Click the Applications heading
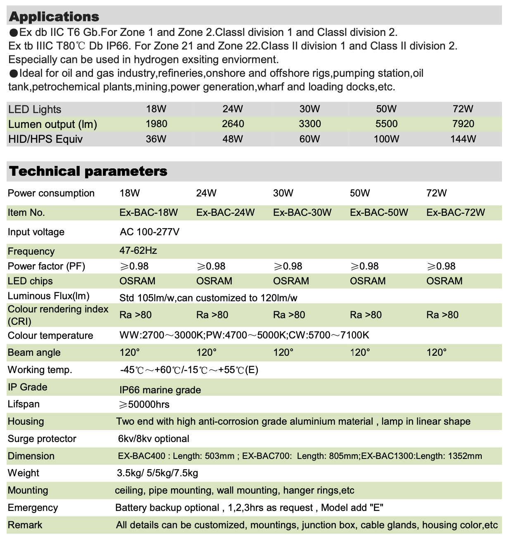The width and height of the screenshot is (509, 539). (54, 17)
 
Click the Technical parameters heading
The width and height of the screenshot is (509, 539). (88, 171)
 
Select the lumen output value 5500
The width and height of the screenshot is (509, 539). (386, 124)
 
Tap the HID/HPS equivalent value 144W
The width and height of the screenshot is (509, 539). (463, 139)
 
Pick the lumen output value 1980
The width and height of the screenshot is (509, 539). (156, 124)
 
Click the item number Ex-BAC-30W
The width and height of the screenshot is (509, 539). (302, 213)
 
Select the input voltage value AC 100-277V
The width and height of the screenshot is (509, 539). (150, 232)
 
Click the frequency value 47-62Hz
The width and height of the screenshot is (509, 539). (138, 251)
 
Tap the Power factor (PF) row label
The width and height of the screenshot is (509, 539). (46, 266)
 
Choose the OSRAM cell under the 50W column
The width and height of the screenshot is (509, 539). (367, 281)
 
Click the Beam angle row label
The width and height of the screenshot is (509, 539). (34, 352)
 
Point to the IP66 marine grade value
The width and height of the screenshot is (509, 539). (160, 390)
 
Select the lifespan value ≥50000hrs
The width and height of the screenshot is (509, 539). (144, 404)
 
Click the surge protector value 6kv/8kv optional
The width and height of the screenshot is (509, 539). (154, 439)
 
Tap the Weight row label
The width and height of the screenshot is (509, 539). (24, 473)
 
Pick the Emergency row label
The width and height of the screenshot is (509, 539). (33, 508)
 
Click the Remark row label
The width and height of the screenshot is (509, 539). (25, 525)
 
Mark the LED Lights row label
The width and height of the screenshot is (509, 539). (35, 109)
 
